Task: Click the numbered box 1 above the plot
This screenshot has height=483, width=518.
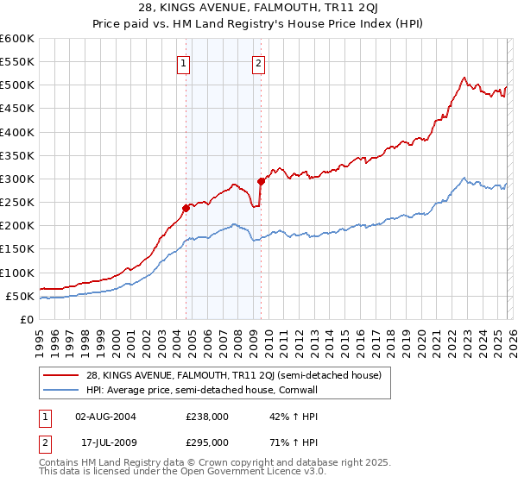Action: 184,62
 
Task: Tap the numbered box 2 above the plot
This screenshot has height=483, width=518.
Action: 259,62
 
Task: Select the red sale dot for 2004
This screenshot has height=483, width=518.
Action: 186,208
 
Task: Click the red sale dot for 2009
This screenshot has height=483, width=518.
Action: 261,181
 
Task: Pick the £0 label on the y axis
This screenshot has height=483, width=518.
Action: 27,319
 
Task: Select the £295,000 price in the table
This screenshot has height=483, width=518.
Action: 207,442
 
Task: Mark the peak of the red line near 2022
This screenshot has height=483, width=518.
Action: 464,77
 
